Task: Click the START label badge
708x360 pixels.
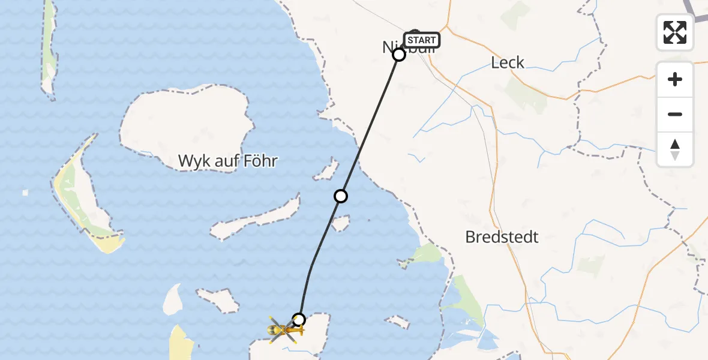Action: tap(422, 40)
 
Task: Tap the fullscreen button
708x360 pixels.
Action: tap(675, 32)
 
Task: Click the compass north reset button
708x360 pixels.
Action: tap(675, 149)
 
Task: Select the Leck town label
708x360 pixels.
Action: tap(508, 62)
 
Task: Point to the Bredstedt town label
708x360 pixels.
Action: tap(502, 237)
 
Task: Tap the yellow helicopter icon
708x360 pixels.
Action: tap(281, 329)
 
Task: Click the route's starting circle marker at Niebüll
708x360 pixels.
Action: tap(399, 55)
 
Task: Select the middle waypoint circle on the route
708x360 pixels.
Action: tap(341, 196)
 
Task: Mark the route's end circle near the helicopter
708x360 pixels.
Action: tap(298, 319)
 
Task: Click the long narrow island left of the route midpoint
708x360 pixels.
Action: tap(255, 219)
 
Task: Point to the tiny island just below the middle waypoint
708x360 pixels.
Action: tap(341, 224)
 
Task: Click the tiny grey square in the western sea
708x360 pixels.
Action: tap(25, 193)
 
